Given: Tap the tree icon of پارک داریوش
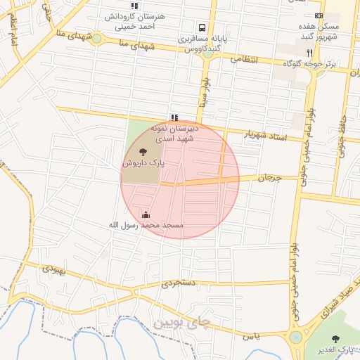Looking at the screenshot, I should click(143, 150).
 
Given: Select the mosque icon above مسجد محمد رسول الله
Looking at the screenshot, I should click(146, 214).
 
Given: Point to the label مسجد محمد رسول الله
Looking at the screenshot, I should click(146, 225).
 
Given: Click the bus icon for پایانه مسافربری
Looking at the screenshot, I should click(202, 29).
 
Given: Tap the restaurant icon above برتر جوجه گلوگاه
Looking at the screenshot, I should click(309, 52).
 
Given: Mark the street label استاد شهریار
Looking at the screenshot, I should click(266, 134).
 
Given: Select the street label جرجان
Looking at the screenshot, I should click(269, 179).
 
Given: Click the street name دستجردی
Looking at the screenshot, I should click(176, 284).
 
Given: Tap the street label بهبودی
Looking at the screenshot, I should click(53, 268).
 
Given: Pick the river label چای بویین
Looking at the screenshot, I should click(181, 323).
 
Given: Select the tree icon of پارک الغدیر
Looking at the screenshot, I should click(335, 339).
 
